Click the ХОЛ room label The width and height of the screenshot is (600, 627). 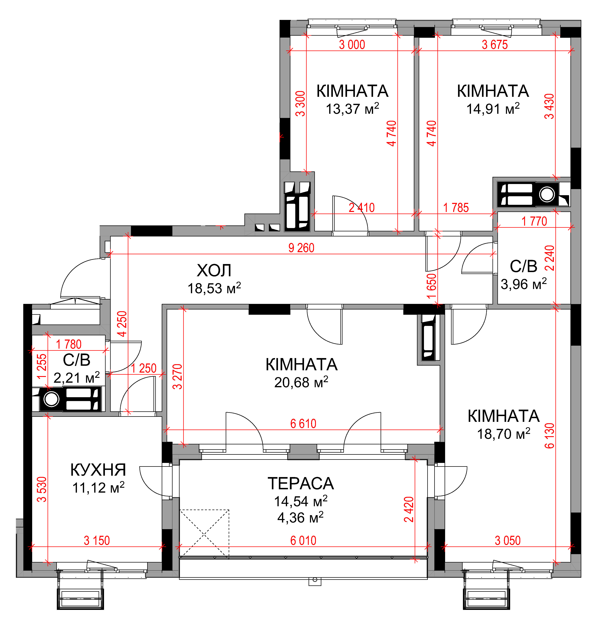tap(214, 271)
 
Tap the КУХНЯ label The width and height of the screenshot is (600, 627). tap(98, 470)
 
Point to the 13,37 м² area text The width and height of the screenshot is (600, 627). tap(352, 109)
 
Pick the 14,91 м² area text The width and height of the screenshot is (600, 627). tap(493, 109)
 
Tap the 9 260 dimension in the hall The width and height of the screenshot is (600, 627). tap(301, 248)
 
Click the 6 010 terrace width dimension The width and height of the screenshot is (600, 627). tap(303, 541)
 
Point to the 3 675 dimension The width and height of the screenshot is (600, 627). tap(495, 45)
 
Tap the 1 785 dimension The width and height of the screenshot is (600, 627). tap(456, 208)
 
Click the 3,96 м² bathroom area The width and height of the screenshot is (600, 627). tap(524, 284)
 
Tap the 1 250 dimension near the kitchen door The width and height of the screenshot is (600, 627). tap(144, 368)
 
